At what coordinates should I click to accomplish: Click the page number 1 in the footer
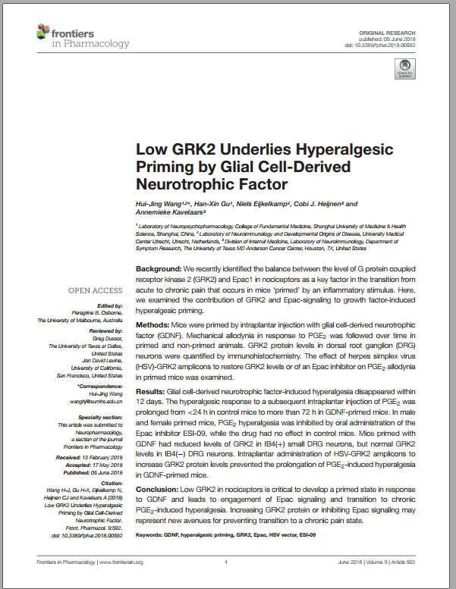click(227, 562)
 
